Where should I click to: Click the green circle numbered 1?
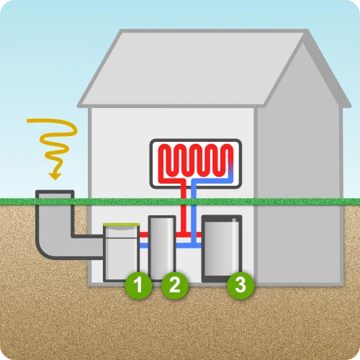[x=138, y=285]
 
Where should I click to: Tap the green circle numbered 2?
[x=175, y=285]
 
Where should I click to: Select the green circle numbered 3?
[x=240, y=285]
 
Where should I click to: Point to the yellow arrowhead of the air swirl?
[x=55, y=176]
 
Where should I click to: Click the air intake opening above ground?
[x=55, y=194]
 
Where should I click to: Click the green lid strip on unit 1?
[x=122, y=225]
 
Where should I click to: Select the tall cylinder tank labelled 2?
[x=162, y=247]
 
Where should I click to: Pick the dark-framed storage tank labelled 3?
[x=222, y=248]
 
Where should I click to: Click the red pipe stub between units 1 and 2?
[x=144, y=235]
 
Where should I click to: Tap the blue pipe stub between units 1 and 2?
[x=144, y=246]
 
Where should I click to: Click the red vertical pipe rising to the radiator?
[x=184, y=209]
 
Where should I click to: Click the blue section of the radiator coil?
[x=230, y=175]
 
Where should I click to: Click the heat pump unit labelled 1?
[x=122, y=252]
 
